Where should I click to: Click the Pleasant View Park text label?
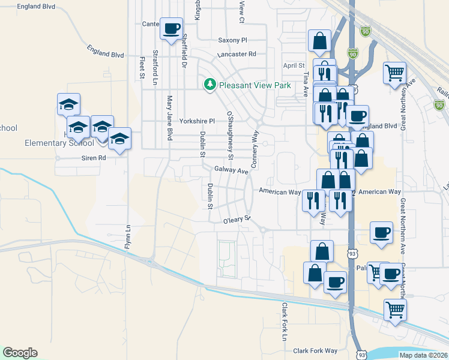coord(255,85)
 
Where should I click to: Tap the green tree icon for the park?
coord(210,85)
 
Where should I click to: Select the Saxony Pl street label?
coord(232,40)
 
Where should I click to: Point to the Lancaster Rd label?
coord(237,54)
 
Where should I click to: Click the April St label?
coord(294,66)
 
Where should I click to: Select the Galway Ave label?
coord(231,171)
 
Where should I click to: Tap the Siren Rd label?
coord(94,158)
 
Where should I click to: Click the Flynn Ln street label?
coord(127,236)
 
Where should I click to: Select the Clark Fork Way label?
coord(315,351)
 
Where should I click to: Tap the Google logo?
coord(20,353)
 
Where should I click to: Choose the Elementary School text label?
coord(59,143)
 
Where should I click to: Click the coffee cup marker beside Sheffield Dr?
coord(172,28)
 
